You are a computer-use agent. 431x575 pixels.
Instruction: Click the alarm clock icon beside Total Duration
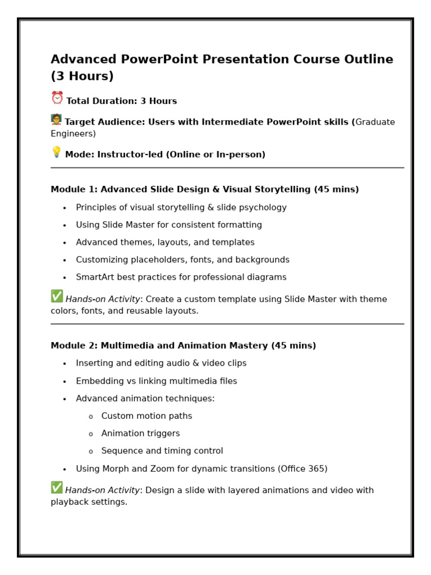[57, 98]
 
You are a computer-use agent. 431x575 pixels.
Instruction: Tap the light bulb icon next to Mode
[56, 152]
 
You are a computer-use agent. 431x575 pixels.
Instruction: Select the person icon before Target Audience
[56, 120]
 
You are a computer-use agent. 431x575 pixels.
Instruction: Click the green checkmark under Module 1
[57, 296]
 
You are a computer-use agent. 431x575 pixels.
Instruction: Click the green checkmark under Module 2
[57, 487]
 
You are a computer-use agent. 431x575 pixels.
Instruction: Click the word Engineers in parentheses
[71, 134]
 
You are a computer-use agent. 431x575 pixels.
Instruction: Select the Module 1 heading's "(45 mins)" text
[336, 190]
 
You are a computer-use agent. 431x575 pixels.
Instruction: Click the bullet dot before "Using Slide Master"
[65, 226]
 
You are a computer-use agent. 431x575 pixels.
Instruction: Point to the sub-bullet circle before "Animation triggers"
[90, 435]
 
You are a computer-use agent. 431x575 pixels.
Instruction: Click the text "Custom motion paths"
[146, 416]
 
